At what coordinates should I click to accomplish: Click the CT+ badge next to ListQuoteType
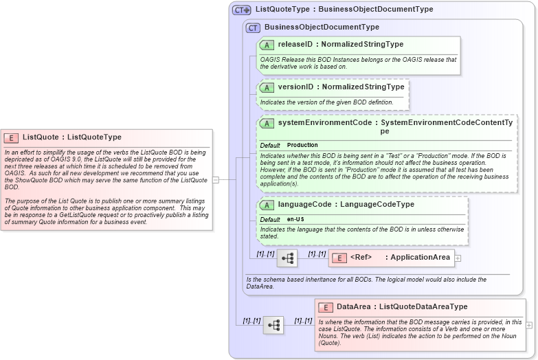pyautogui.click(x=241, y=10)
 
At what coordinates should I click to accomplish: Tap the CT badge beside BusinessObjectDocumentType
pyautogui.click(x=253, y=27)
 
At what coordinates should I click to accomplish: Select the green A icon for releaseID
pyautogui.click(x=267, y=45)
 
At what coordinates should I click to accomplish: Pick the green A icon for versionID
pyautogui.click(x=267, y=88)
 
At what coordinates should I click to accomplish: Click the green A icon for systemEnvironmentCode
pyautogui.click(x=267, y=123)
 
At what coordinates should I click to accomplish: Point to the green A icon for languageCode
pyautogui.click(x=267, y=205)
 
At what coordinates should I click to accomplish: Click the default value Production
pyautogui.click(x=302, y=146)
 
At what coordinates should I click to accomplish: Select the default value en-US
pyautogui.click(x=295, y=219)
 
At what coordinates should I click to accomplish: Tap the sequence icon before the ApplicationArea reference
pyautogui.click(x=287, y=258)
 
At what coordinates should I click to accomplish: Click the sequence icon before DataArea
pyautogui.click(x=273, y=325)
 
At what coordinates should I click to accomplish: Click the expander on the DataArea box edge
pyautogui.click(x=528, y=325)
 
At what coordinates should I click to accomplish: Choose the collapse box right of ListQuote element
pyautogui.click(x=216, y=180)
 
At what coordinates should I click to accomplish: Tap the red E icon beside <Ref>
pyautogui.click(x=339, y=258)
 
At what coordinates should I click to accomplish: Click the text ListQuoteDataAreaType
pyautogui.click(x=423, y=307)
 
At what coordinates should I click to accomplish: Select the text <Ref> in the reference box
pyautogui.click(x=361, y=258)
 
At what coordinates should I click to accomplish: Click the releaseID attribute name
pyautogui.click(x=295, y=45)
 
